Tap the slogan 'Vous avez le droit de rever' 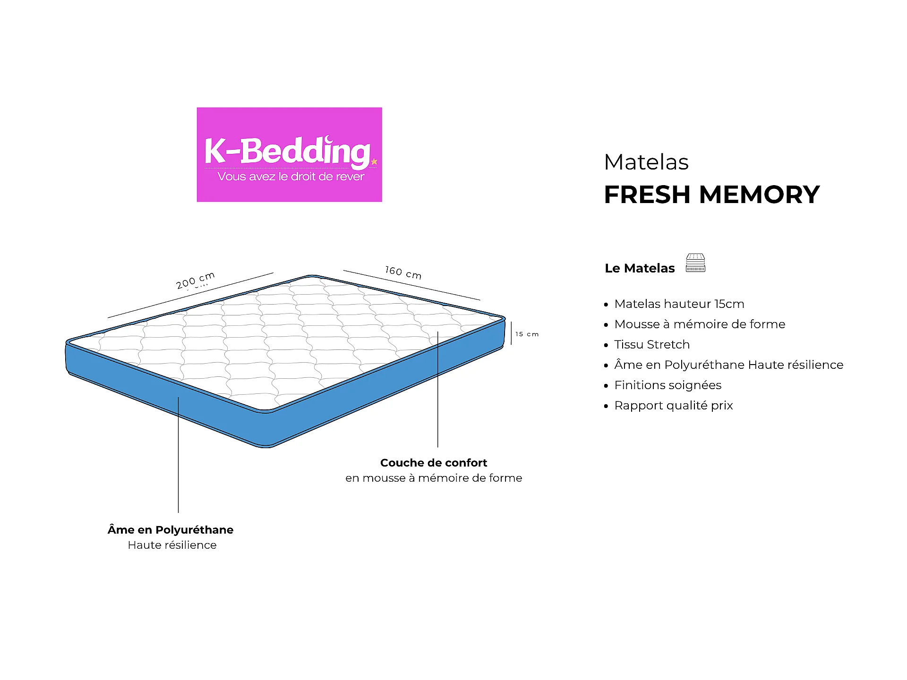tap(291, 177)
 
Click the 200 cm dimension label tap(195, 280)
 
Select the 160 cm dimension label tap(403, 272)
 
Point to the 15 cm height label tap(527, 334)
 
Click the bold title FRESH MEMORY tap(712, 195)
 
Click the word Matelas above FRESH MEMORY tap(646, 162)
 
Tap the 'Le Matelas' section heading tap(640, 268)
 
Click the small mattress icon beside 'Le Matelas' tap(695, 263)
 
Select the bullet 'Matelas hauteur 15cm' tap(679, 304)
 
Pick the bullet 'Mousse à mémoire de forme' tap(700, 324)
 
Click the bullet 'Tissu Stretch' tap(652, 344)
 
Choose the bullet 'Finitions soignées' tap(667, 385)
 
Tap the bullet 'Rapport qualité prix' tap(674, 405)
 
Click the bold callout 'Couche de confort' tap(434, 463)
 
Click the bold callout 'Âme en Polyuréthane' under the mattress tap(171, 529)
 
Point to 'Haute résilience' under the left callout tap(172, 545)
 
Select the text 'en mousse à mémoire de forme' tap(434, 478)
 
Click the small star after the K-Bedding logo tap(374, 161)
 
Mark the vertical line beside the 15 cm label tap(511, 333)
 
